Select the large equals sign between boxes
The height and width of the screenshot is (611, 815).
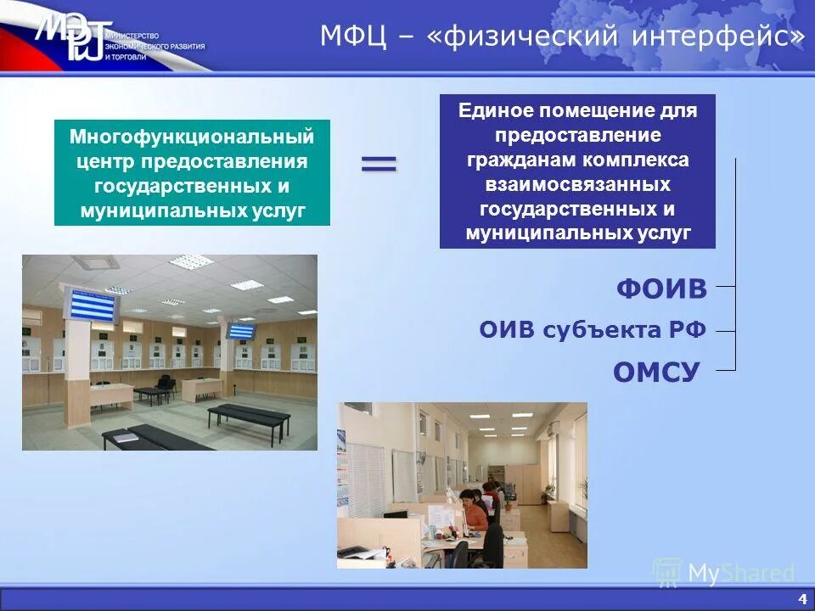coord(379,164)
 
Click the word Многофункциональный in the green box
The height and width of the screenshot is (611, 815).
coord(192,137)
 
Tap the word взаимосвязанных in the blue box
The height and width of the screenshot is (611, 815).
coord(577,184)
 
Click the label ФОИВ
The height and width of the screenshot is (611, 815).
coord(661,289)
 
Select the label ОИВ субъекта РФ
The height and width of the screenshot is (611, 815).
coord(593,330)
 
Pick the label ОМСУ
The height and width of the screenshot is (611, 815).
coord(655,371)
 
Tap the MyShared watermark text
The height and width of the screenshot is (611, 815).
coord(740,574)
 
